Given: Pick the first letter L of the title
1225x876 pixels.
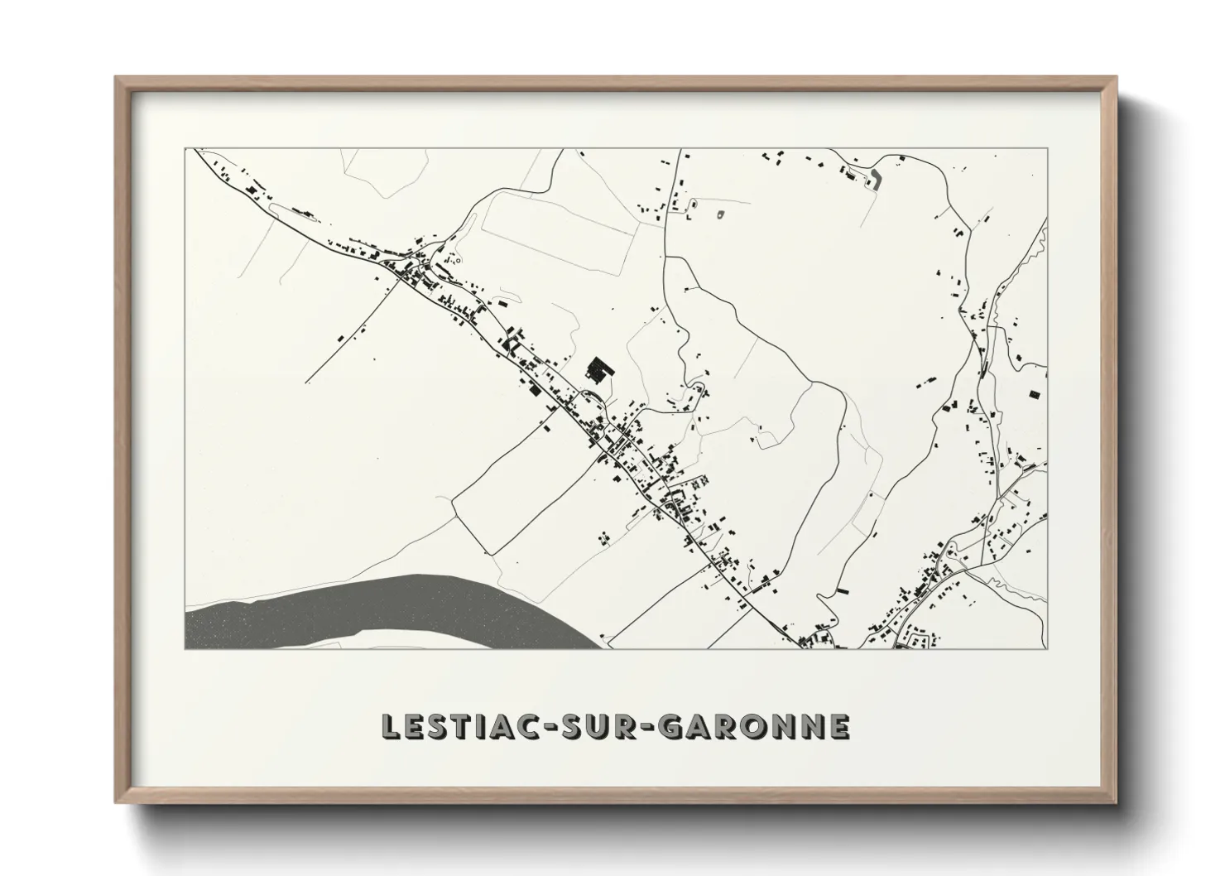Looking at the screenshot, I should click(x=389, y=726).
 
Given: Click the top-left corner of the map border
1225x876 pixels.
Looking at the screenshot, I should click(x=185, y=149).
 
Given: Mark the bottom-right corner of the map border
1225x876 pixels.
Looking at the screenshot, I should click(x=1047, y=648).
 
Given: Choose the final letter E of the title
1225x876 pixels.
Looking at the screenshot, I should click(x=839, y=726).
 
